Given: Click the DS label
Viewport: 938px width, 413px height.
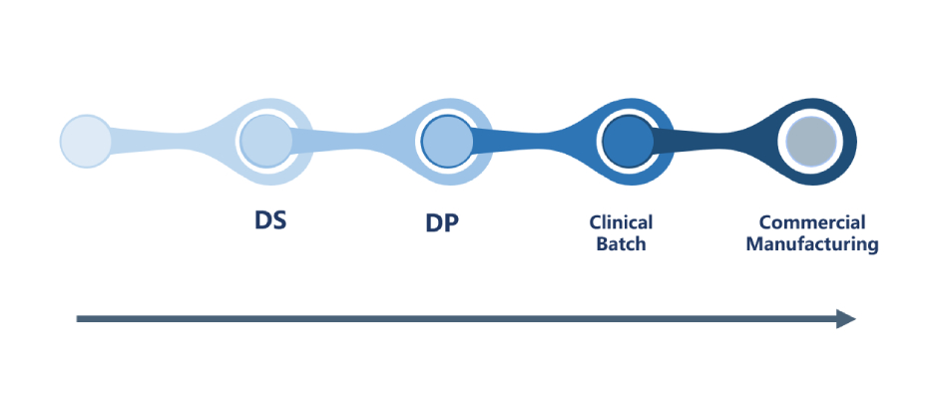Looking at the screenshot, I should tap(269, 220).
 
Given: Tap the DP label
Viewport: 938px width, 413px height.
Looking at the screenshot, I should tap(442, 223).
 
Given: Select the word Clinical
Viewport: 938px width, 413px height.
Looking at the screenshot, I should tap(621, 222).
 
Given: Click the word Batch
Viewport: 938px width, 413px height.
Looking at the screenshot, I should tap(621, 243).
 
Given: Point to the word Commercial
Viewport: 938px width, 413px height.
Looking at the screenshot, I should tap(811, 222).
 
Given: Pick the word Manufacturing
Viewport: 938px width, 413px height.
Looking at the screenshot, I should tap(812, 243).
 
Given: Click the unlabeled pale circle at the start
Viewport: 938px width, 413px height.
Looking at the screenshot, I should tap(85, 140).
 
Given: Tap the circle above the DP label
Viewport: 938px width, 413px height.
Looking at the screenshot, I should tap(446, 140).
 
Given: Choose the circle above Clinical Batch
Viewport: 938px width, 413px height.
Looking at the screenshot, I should tap(627, 140).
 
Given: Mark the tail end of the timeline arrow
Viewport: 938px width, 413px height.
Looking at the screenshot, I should tap(80, 319).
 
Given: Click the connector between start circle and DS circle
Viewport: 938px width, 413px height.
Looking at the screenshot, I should tap(170, 140).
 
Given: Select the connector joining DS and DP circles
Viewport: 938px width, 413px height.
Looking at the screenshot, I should tap(354, 140).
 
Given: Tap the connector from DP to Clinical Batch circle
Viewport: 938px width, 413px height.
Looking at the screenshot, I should tap(534, 140).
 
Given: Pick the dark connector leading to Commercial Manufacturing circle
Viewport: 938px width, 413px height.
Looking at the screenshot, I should tap(713, 140).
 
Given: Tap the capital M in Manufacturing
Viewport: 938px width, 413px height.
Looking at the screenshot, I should tap(754, 243).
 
